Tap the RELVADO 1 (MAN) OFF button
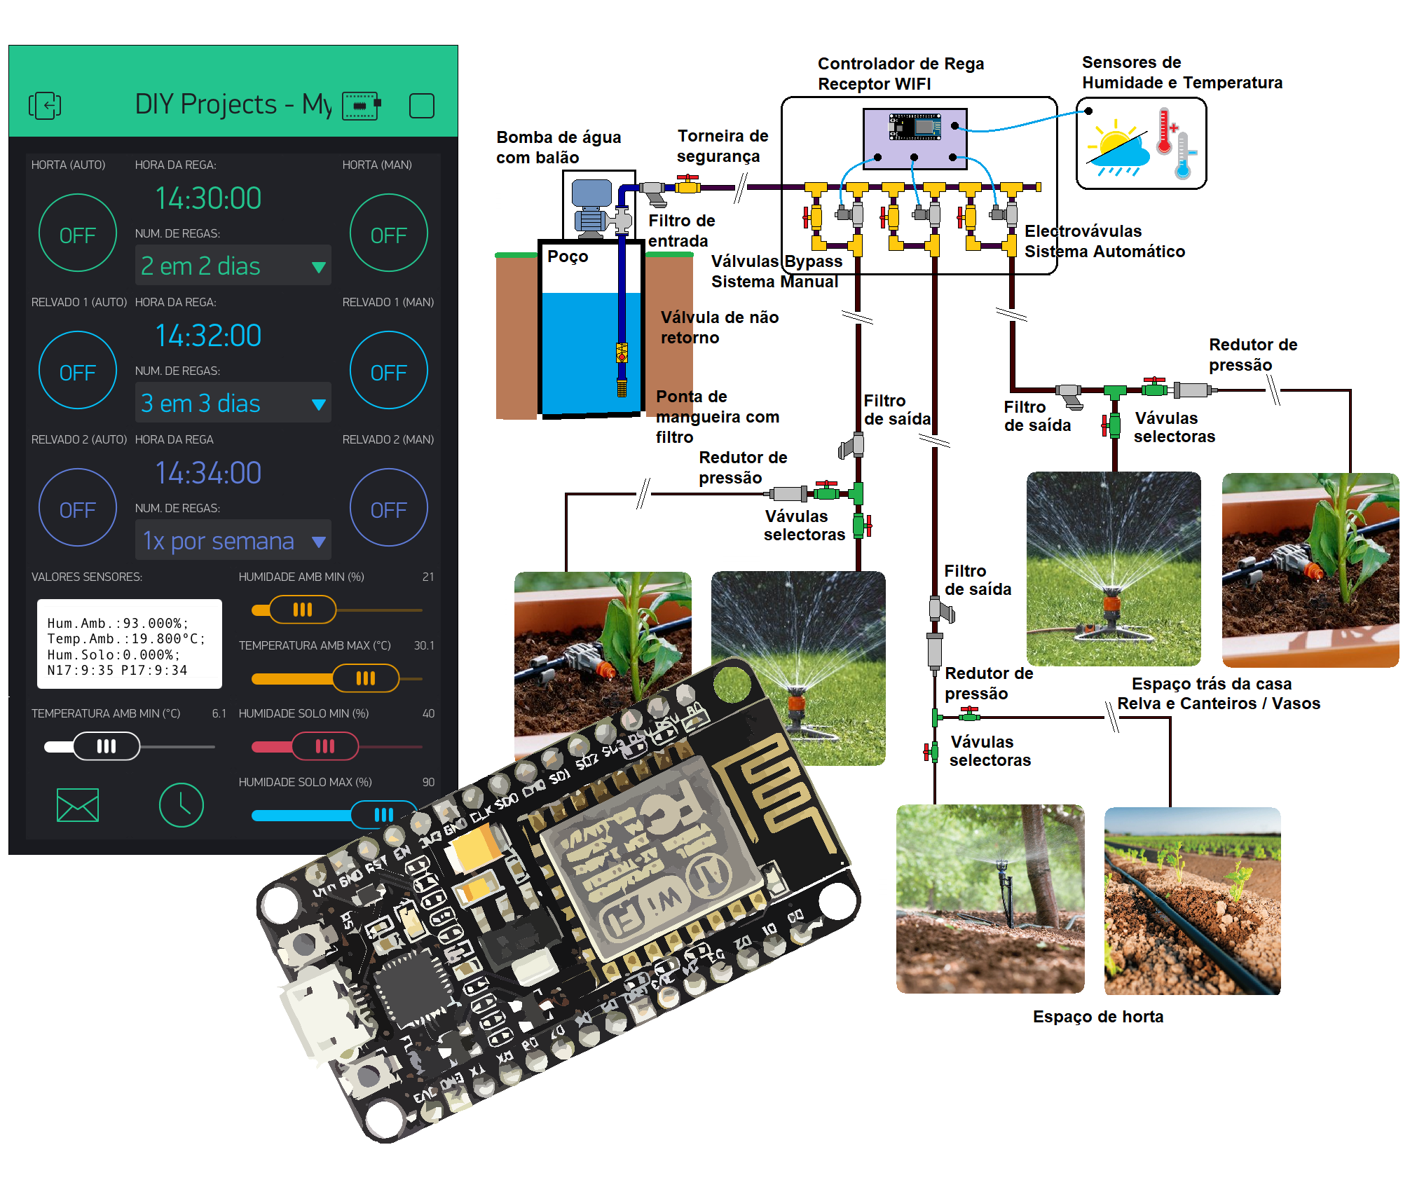[x=388, y=371]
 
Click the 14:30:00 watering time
[x=208, y=198]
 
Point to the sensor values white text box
[x=129, y=644]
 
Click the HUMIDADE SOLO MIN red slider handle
[x=324, y=746]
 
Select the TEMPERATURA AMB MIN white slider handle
[x=107, y=746]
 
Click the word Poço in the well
[x=568, y=256]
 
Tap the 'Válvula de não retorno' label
[x=719, y=327]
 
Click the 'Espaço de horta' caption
[x=1097, y=1017]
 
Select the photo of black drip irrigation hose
[x=1192, y=901]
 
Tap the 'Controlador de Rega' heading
[x=901, y=64]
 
